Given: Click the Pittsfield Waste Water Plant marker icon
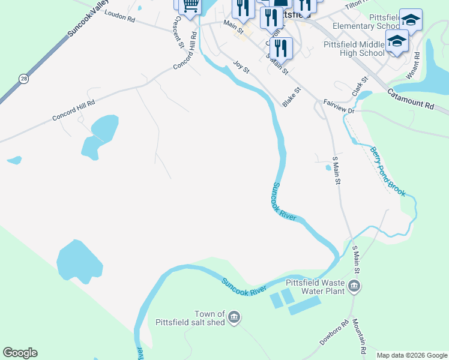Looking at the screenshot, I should [x=354, y=286].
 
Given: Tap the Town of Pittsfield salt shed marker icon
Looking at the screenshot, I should [x=235, y=317].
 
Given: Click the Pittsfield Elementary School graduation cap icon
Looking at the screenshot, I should [x=411, y=20].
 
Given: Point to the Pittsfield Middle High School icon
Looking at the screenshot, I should [x=397, y=41].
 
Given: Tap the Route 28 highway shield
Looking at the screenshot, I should [x=23, y=79].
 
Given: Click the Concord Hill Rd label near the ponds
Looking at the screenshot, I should [x=73, y=111].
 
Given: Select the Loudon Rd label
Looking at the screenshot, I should [x=119, y=16].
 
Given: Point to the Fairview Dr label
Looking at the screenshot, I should [x=340, y=106].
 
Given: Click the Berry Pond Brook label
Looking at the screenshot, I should [x=387, y=172].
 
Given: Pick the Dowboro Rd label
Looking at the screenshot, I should [x=334, y=333].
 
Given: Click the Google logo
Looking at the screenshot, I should [x=20, y=353].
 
